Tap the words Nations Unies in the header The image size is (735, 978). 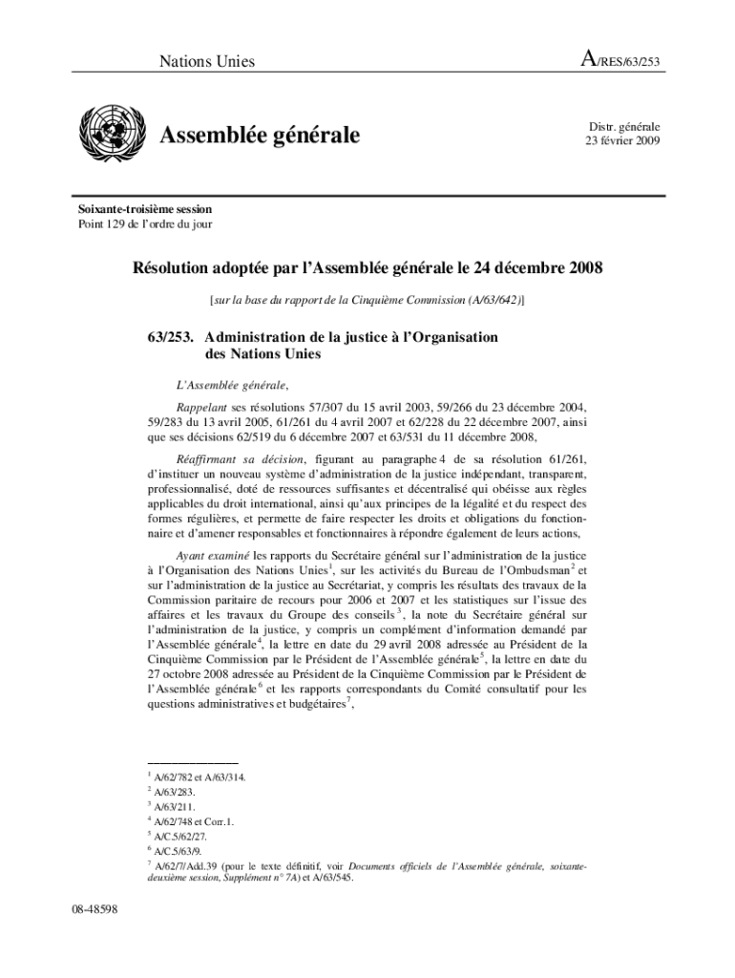pyautogui.click(x=207, y=62)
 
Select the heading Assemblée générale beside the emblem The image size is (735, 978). pyautogui.click(x=260, y=137)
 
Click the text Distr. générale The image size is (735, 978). pyautogui.click(x=623, y=126)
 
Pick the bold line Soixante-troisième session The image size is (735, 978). pyautogui.click(x=145, y=208)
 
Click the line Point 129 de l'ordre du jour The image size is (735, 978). pyautogui.click(x=145, y=224)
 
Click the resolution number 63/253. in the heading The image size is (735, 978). pyautogui.click(x=171, y=337)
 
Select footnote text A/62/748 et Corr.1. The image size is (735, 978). pyautogui.click(x=191, y=820)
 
